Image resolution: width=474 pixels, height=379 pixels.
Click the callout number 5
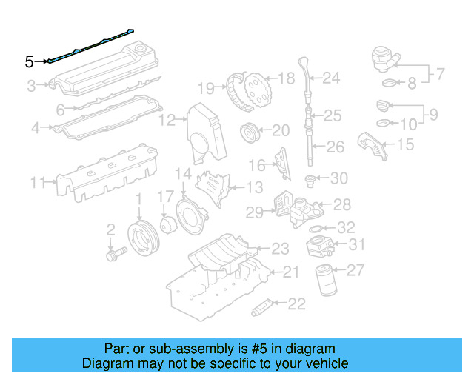point(29,61)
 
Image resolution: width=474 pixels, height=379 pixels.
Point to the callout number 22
point(296,303)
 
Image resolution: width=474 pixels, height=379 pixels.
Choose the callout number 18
point(286,77)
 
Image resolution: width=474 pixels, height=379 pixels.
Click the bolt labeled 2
point(116,252)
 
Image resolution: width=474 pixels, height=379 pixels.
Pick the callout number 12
point(169,119)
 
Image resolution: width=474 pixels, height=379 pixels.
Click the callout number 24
point(330,77)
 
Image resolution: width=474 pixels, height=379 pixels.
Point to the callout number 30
point(338,178)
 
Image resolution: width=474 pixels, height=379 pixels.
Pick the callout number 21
point(290,272)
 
